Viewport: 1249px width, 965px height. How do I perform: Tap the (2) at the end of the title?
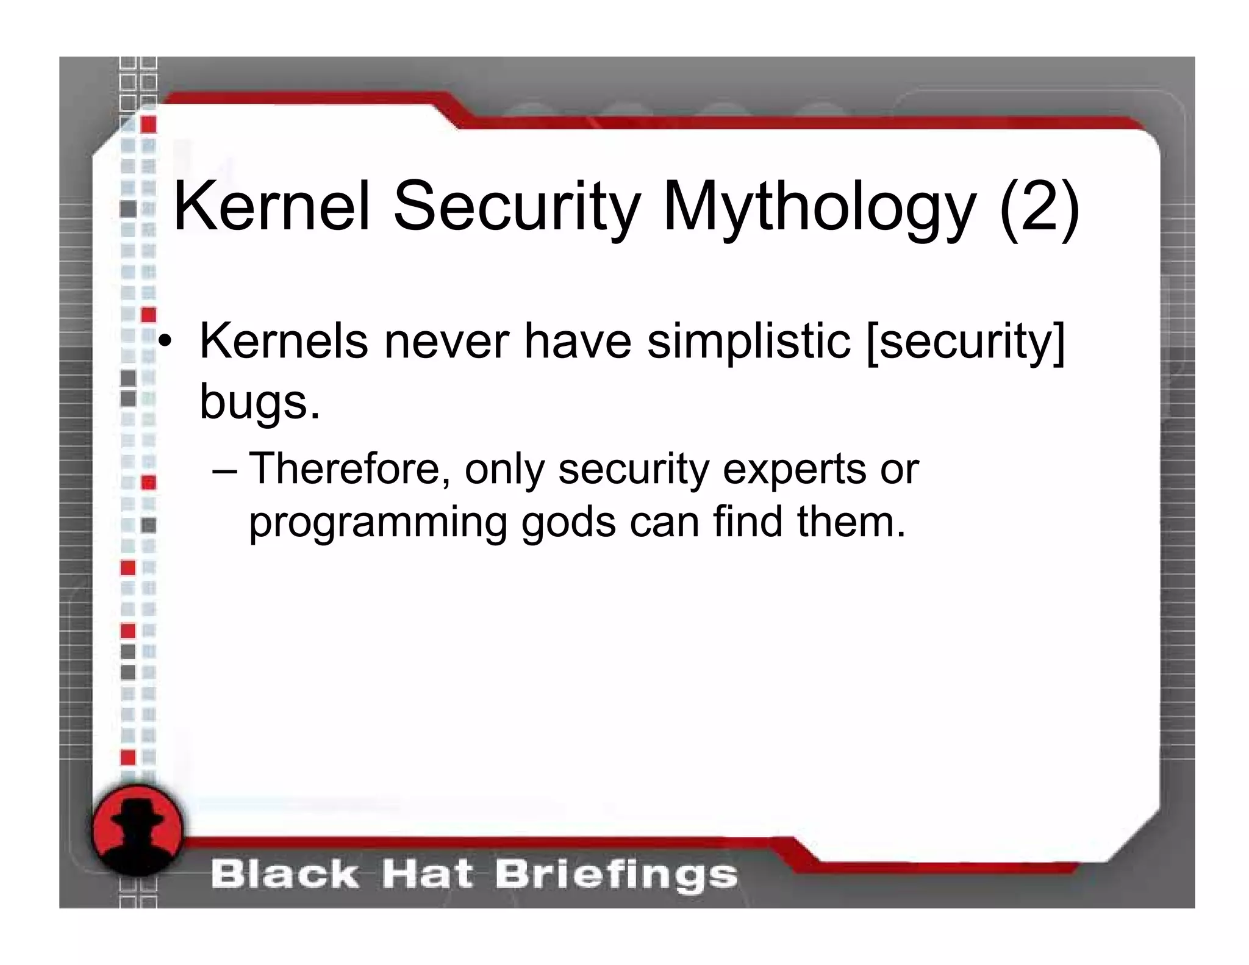click(1039, 207)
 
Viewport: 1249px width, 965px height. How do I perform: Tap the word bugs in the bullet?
click(260, 403)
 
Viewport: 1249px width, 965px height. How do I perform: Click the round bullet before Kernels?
click(164, 342)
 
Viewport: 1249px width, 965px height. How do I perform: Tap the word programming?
click(378, 523)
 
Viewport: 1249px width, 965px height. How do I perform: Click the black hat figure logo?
click(138, 830)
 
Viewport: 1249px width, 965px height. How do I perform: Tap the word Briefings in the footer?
click(615, 875)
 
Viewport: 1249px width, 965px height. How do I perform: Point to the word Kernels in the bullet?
click(284, 342)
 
